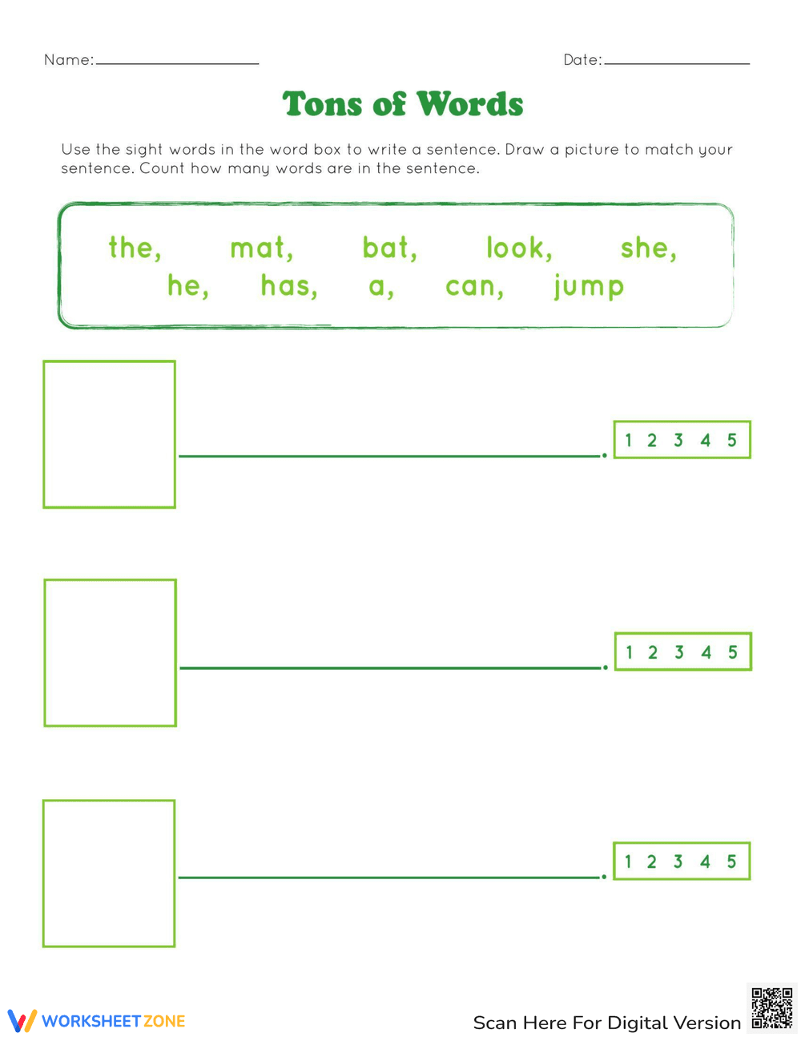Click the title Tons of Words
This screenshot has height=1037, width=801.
[403, 104]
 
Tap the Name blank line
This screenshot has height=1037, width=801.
[177, 63]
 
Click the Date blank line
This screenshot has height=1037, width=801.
[677, 63]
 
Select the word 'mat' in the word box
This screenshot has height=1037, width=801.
[259, 248]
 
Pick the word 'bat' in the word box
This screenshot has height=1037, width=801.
[388, 248]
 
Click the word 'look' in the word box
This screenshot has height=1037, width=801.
[517, 248]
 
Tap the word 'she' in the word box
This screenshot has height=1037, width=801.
[646, 248]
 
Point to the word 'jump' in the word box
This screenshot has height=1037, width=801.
[589, 286]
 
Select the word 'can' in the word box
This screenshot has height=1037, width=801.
[473, 286]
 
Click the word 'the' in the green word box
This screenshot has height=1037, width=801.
[133, 248]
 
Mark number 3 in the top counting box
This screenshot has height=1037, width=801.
[678, 440]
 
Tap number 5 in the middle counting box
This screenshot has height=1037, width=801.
[732, 652]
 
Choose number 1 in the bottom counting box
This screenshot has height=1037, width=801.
[628, 861]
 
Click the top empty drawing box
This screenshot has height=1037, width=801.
[109, 434]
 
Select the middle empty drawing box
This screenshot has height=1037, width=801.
[110, 652]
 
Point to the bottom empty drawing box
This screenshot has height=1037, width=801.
[109, 873]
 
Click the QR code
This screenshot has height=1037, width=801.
[771, 1008]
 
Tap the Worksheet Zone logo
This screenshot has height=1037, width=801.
[97, 1021]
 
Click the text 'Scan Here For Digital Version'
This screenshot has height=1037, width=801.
[606, 1023]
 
